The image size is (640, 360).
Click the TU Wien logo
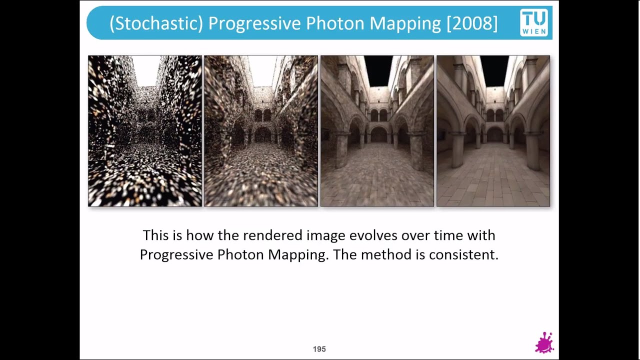[x=534, y=22]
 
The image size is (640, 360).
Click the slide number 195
[x=319, y=349]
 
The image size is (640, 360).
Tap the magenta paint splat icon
[x=544, y=343]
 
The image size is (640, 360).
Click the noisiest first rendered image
[x=145, y=131]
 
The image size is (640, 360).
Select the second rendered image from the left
[x=261, y=131]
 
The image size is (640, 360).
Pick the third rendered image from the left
[x=377, y=131]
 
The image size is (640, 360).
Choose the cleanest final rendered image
[x=493, y=131]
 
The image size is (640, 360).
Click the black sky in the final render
[x=494, y=70]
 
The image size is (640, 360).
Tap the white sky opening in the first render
[x=146, y=70]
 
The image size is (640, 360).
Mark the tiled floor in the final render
[x=493, y=180]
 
